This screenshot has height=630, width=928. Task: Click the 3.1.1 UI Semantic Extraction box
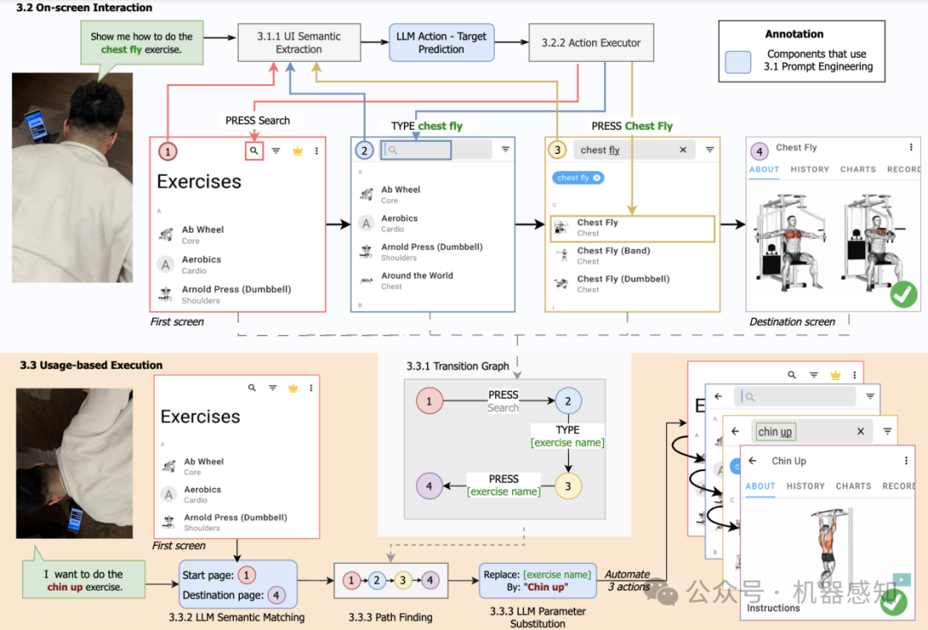coord(299,43)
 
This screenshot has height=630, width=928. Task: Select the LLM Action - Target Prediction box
coord(442,43)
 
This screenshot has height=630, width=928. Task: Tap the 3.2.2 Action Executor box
coord(591,42)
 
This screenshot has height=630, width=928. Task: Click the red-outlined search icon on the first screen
coord(253,150)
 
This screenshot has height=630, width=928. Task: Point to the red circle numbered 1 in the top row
coord(168,151)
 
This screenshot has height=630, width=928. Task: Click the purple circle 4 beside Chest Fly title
coord(759,152)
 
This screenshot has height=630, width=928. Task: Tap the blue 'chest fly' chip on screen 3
coord(577,178)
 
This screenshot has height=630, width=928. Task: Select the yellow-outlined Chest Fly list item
coord(632,228)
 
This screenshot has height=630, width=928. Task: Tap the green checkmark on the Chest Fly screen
coord(903,295)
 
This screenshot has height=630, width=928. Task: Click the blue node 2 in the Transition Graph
coord(568,401)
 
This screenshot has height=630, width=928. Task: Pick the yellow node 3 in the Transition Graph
coord(568,486)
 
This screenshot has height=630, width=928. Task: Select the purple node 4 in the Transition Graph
coord(429,486)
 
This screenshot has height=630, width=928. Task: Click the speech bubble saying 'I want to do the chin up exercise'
coord(84,580)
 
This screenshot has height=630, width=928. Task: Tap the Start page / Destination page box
coord(238,584)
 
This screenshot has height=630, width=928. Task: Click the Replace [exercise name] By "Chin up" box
coord(538,580)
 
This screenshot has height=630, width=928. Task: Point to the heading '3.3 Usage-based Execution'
coord(91,365)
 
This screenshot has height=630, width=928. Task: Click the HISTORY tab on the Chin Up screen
coord(805,486)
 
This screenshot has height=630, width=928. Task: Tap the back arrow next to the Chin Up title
coord(753,461)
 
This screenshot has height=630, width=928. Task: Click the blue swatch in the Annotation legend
coord(738,60)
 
